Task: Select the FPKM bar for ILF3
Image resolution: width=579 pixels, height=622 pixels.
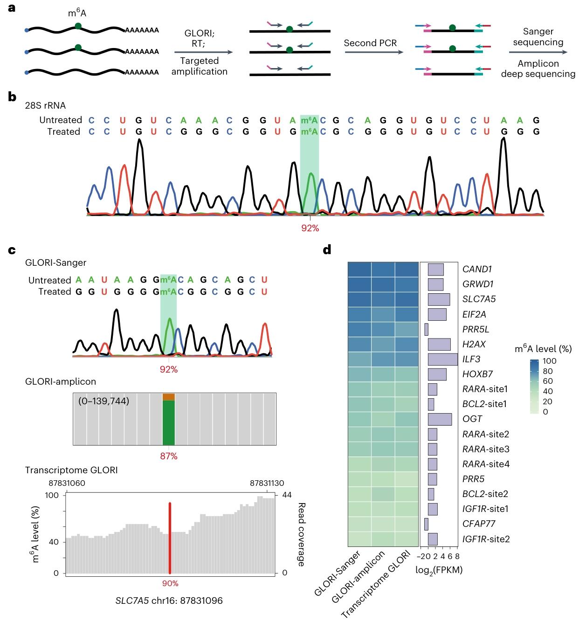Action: pos(442,359)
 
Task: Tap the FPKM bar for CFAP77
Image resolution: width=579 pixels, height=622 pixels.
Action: pos(426,524)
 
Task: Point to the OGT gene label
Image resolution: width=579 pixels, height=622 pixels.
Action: pos(472,419)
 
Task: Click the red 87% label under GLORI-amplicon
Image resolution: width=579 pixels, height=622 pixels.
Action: pos(169,456)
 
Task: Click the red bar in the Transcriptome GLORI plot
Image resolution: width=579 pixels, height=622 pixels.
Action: pos(170,538)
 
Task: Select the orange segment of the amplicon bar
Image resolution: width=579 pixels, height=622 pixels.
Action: pos(169,396)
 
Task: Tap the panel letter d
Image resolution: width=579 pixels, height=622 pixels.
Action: pos(328,250)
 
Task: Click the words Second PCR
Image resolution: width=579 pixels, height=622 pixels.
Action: pos(371,43)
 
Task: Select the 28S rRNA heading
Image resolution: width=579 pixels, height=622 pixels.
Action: pos(45,106)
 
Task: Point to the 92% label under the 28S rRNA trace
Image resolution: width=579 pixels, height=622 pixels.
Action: pos(310,228)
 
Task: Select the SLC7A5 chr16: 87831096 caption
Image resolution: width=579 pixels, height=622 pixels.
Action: pos(169,601)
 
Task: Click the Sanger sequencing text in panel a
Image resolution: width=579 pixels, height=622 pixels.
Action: pos(538,37)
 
